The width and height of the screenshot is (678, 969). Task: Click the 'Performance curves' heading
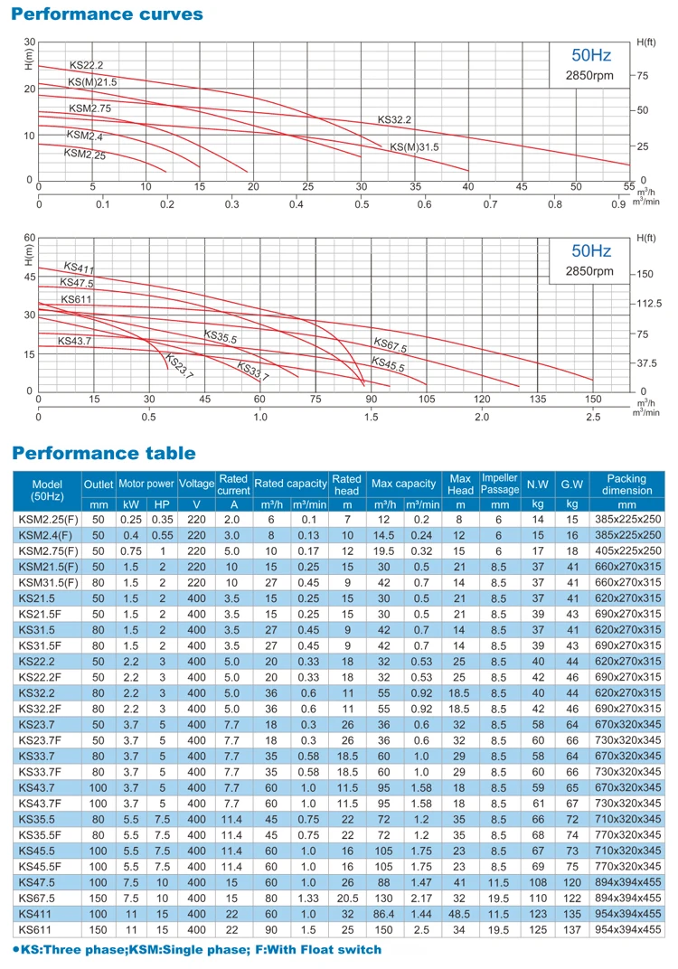pos(108,14)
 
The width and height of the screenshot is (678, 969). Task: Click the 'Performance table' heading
pos(104,453)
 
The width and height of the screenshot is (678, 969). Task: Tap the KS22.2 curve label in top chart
pos(87,65)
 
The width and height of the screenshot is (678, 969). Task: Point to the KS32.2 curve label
pos(394,119)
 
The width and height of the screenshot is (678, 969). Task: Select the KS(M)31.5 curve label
pos(414,146)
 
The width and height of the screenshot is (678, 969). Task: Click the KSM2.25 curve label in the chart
pos(84,154)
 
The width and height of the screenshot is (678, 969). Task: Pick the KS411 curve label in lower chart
pos(79,268)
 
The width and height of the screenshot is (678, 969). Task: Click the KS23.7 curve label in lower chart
pos(179,367)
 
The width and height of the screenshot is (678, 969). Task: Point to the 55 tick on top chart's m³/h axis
pos(629,187)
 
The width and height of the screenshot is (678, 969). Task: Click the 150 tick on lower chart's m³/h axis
pos(592,399)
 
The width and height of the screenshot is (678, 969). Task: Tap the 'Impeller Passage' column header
pos(499,484)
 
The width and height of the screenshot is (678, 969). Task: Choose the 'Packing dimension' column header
pos(626,484)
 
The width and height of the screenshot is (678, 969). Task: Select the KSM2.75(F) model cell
pos(48,550)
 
